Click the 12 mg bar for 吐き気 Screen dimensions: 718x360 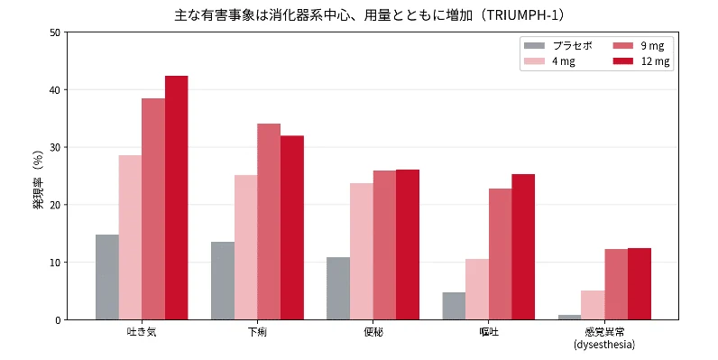(176, 198)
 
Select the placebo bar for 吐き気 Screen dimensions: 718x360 (107, 277)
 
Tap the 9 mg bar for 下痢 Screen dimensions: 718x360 (269, 222)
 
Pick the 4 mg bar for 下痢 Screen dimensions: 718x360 (246, 247)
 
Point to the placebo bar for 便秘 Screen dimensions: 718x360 (338, 289)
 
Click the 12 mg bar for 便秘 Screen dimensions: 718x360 (408, 245)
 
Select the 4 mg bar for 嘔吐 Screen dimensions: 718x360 (477, 290)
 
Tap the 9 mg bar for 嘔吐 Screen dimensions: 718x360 (500, 254)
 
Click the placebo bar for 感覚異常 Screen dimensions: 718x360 (570, 318)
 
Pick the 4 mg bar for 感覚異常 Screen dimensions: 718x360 (593, 305)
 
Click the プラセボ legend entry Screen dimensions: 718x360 (557, 46)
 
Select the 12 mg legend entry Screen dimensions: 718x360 (641, 61)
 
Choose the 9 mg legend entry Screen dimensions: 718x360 (639, 46)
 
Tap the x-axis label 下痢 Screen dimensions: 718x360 (257, 332)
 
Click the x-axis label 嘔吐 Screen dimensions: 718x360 (488, 332)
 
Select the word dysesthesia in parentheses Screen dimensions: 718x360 (604, 345)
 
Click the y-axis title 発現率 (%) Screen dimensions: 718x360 (38, 180)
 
